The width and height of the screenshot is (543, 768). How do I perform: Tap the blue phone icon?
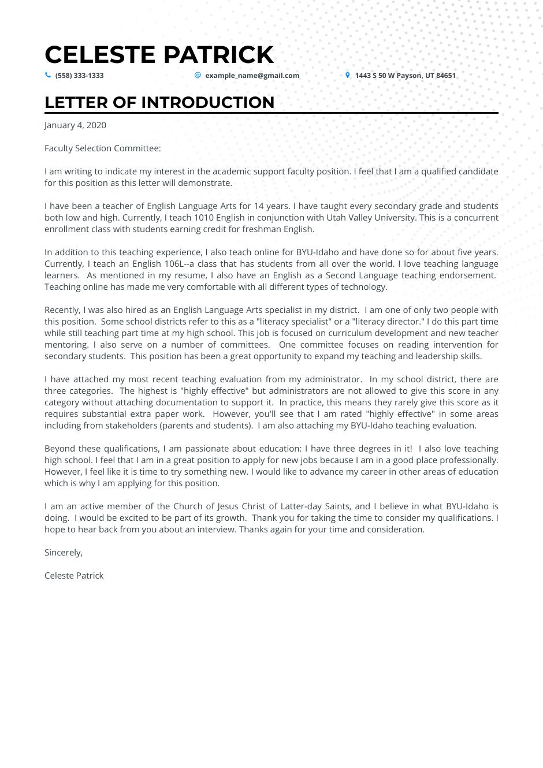(48, 75)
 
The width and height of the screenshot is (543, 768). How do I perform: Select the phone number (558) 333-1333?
(79, 76)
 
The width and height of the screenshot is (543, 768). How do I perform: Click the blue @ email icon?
(198, 75)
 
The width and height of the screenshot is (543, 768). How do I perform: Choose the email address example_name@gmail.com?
(252, 76)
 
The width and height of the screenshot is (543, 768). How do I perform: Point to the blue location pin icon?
(347, 75)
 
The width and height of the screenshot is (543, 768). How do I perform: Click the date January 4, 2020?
(75, 125)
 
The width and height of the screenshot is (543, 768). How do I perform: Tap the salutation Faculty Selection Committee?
(102, 148)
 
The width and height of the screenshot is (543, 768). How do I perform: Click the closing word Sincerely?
(63, 553)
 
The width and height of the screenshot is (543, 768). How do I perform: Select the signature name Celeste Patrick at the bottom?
(74, 576)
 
